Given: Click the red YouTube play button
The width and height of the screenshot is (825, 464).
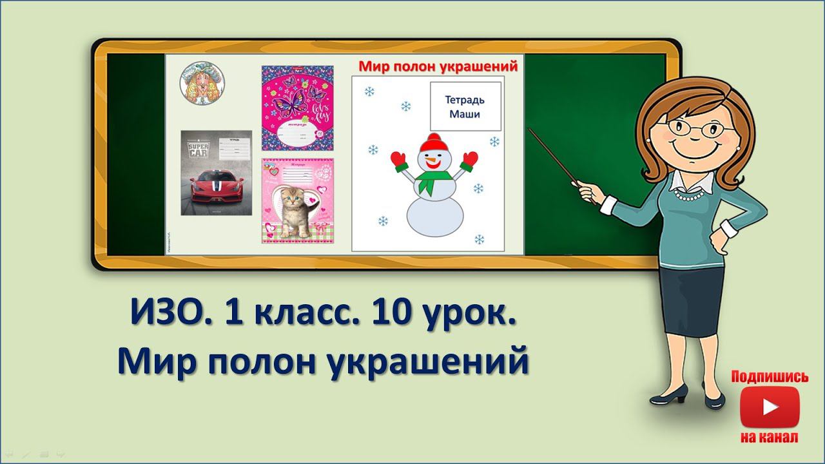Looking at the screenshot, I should click(770, 407).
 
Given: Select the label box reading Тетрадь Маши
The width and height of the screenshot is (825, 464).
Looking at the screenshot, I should click(465, 106).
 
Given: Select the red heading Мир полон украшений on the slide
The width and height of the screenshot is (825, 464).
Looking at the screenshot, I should click(438, 66).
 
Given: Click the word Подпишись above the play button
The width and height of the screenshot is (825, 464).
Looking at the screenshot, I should click(770, 376).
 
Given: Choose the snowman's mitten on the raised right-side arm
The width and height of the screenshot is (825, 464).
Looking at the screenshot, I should click(469, 159).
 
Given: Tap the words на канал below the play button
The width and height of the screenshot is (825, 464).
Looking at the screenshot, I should click(770, 438).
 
